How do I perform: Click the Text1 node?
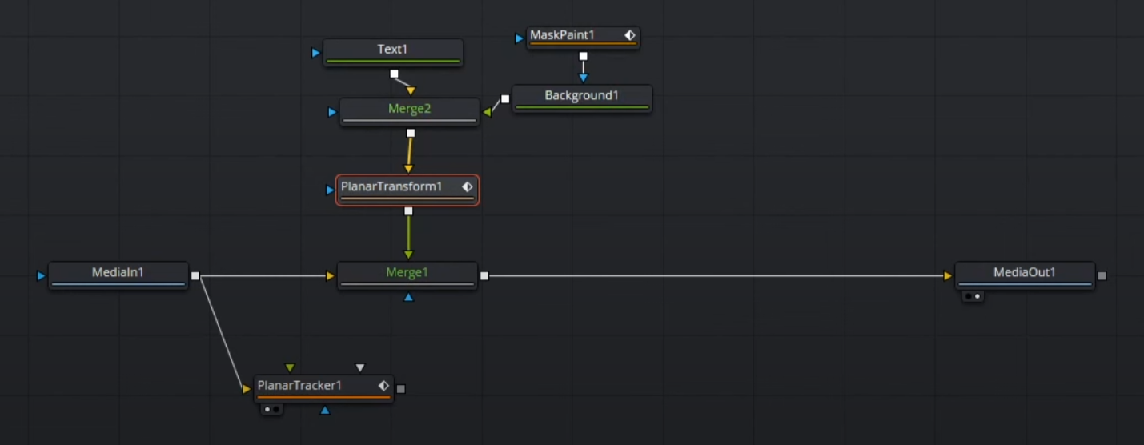click(393, 53)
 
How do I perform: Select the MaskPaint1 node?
click(583, 38)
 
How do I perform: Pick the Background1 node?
click(582, 98)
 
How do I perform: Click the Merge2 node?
click(410, 112)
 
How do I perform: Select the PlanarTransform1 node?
click(407, 190)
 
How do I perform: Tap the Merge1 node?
click(407, 275)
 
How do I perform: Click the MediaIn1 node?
click(118, 275)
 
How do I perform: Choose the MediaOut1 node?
click(1025, 275)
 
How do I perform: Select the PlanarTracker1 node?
click(323, 389)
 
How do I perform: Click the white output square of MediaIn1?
click(195, 275)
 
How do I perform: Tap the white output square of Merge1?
click(484, 275)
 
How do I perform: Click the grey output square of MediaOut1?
click(1102, 275)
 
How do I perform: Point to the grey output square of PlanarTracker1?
click(401, 389)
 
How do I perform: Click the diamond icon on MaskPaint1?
click(630, 35)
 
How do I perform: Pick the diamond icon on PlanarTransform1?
click(468, 186)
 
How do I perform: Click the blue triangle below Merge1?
click(408, 296)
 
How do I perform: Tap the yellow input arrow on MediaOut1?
click(948, 275)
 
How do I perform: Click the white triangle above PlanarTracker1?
click(360, 367)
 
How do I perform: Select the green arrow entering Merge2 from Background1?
click(488, 112)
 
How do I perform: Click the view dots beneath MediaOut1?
click(973, 296)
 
